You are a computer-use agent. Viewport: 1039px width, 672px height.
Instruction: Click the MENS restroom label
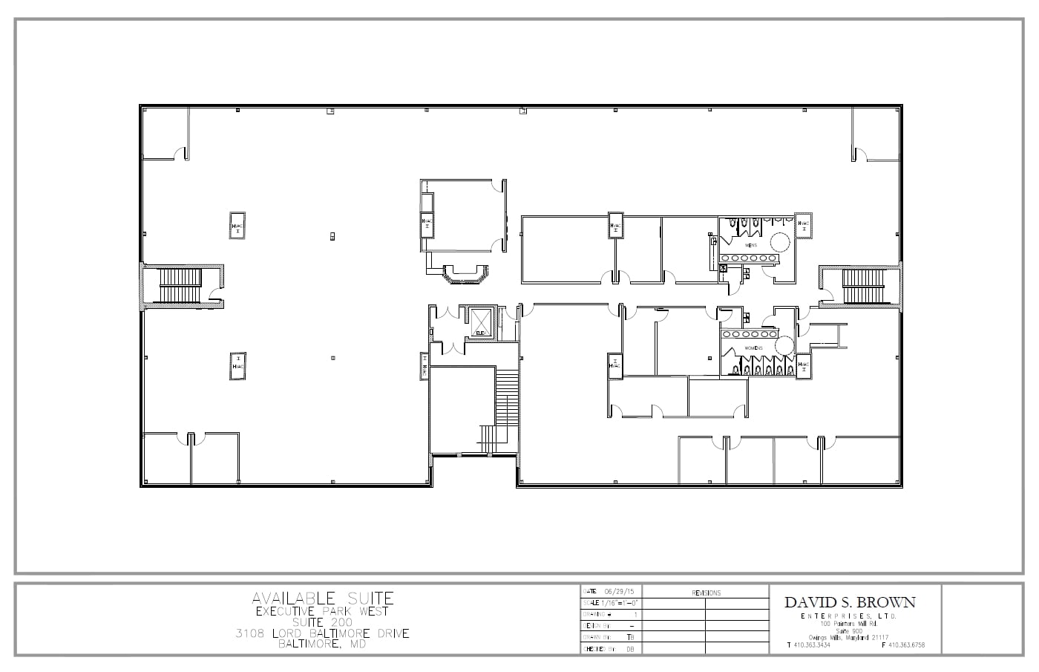(751, 244)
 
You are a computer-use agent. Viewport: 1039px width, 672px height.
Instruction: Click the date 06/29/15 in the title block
(619, 591)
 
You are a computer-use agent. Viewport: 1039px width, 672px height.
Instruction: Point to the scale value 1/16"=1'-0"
(617, 602)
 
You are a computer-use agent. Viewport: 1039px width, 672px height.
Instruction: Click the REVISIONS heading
(705, 593)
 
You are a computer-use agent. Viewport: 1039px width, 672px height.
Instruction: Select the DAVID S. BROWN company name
(850, 602)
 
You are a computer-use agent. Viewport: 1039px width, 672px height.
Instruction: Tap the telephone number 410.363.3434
(812, 645)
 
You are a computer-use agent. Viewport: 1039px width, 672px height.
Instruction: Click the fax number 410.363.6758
(906, 645)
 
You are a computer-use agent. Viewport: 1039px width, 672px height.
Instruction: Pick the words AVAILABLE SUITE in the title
(323, 598)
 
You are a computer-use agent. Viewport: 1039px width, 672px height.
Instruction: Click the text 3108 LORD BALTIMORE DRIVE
(323, 633)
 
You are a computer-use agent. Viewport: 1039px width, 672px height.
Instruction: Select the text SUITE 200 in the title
(323, 622)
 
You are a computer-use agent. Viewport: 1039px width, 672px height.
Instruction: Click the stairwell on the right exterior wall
(863, 285)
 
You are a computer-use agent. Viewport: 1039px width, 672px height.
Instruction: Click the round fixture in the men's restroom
(779, 242)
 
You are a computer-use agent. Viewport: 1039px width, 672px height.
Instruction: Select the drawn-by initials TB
(629, 637)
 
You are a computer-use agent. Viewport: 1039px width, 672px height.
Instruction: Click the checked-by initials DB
(629, 649)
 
